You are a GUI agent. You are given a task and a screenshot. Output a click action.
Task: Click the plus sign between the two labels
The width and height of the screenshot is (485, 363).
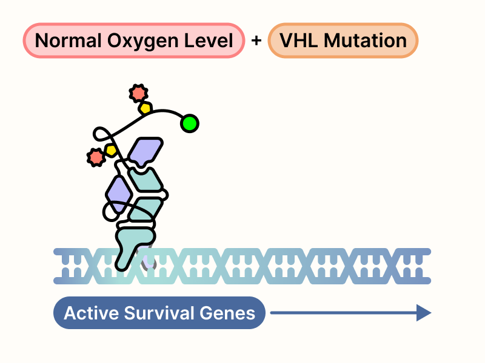click(256, 41)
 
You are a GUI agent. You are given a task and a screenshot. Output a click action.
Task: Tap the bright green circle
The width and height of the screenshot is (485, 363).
click(189, 123)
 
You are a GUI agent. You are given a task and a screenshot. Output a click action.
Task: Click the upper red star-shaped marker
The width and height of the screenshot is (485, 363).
click(138, 93)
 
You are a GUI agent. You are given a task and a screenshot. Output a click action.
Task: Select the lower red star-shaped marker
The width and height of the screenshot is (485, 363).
click(95, 157)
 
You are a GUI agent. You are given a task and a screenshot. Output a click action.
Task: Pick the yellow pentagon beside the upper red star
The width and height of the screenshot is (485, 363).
click(145, 108)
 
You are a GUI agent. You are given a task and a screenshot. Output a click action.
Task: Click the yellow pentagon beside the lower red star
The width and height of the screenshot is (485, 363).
click(111, 149)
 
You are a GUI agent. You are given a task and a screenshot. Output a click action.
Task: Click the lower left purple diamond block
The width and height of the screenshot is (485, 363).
click(119, 192)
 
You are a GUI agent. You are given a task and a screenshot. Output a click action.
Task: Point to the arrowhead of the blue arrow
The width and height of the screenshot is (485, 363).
click(424, 313)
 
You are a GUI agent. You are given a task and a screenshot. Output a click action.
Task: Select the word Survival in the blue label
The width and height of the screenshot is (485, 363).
click(158, 313)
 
